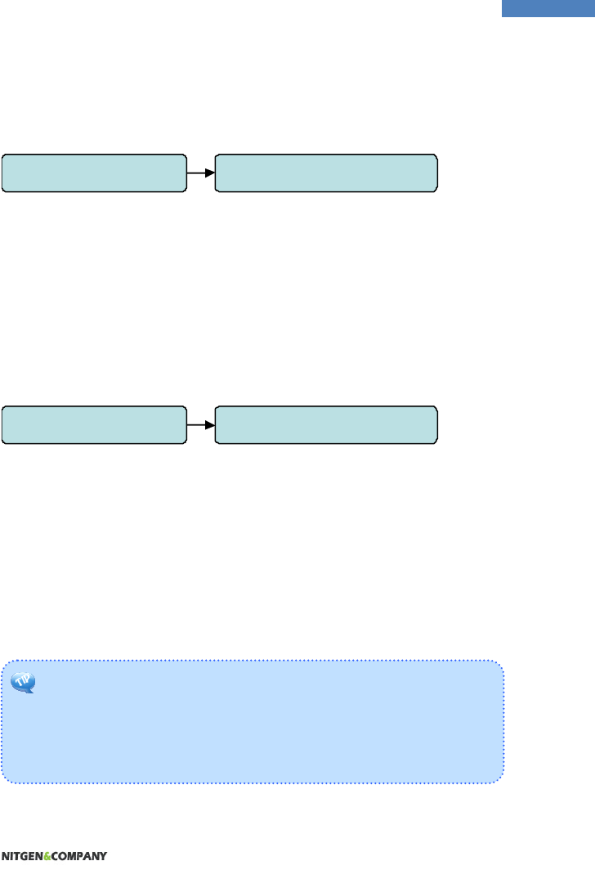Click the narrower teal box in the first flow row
pos(93,173)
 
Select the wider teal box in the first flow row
pos(325,173)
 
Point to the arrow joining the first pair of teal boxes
pos(200,173)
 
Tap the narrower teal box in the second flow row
pos(93,424)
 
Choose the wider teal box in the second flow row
pos(325,424)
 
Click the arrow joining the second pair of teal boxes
pos(200,424)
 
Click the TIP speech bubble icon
pos(23,681)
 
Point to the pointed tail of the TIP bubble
pos(30,692)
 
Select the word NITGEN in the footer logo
pos(22,856)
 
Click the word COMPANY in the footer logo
pos(79,856)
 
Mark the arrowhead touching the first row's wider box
pos(210,173)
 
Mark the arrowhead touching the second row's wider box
pos(210,424)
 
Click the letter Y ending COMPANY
pos(103,856)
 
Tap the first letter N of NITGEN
pos(4,856)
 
